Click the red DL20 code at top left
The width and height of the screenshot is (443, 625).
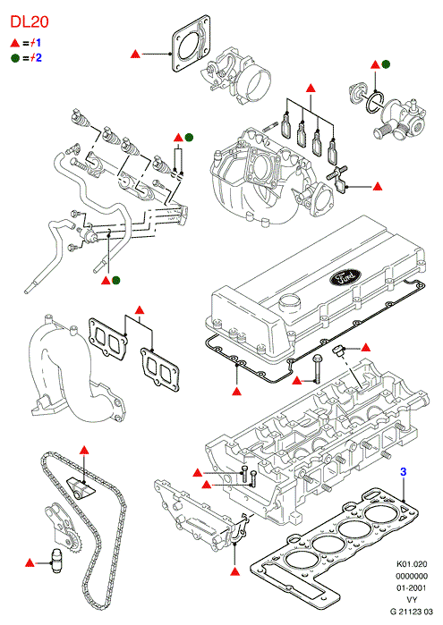coord(30,22)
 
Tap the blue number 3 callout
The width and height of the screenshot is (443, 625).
coord(404,472)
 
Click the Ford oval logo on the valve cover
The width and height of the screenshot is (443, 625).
coord(345,276)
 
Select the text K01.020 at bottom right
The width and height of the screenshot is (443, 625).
coord(412,564)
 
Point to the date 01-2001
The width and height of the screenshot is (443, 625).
coord(412,587)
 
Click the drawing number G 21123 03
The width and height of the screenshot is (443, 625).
coord(412,611)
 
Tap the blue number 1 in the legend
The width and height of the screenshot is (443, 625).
coord(38,43)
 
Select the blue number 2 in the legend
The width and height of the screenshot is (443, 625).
coord(38,58)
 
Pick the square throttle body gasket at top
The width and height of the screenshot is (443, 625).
coord(192,44)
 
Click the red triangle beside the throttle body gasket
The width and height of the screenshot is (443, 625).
coord(136,54)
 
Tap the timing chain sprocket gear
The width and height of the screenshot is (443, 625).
coord(72,544)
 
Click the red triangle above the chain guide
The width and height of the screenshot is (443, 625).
coord(84,450)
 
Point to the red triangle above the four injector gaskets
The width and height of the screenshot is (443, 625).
coord(311,89)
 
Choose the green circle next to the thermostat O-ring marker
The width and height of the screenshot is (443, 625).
coord(386,64)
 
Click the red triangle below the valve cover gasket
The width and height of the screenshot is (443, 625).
coord(237,391)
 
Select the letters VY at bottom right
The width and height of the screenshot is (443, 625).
coord(412,599)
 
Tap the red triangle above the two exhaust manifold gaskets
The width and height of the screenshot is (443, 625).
coord(140,309)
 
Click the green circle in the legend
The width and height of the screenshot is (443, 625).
coord(15,58)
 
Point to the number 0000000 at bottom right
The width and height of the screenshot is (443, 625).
coord(412,576)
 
